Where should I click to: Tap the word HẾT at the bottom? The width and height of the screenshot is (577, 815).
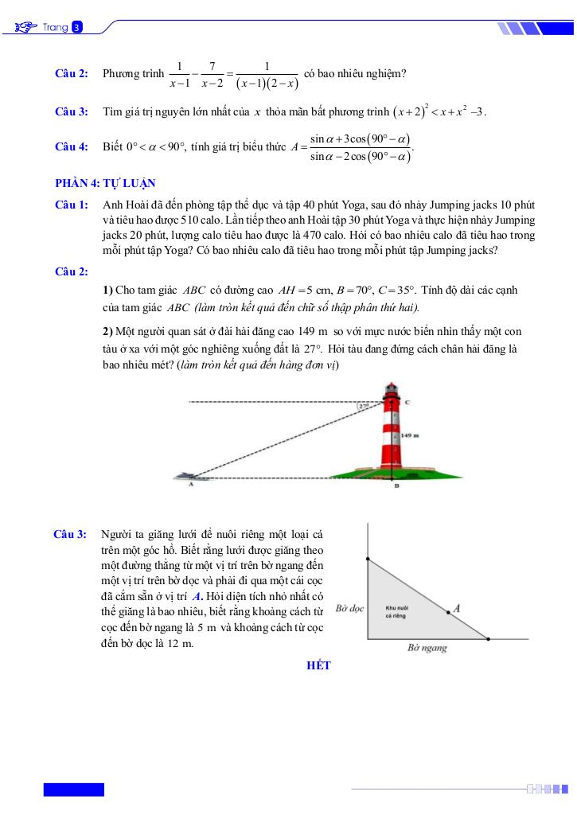coord(318,665)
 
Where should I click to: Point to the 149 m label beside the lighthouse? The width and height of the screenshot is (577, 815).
coord(410,436)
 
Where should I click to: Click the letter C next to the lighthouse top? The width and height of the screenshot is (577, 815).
coord(407,403)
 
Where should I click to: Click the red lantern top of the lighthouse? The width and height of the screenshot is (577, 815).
coord(391,391)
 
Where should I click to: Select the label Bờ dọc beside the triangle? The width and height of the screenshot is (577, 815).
coord(349,608)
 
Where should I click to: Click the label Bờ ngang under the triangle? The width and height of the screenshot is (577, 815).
coord(427,648)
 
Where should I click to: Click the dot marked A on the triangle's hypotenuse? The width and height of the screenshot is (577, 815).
coord(447,612)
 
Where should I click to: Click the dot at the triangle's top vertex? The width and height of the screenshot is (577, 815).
coord(368,560)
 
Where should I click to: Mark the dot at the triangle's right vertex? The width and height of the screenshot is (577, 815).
coord(488,638)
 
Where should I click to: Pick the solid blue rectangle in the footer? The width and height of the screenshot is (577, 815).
coord(73,790)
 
